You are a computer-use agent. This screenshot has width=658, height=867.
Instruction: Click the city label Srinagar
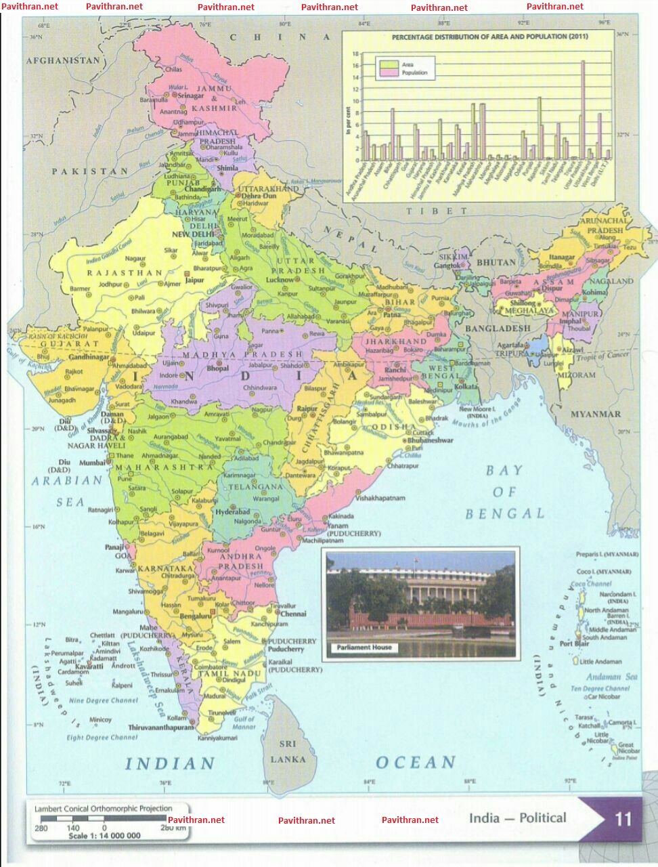coord(191,96)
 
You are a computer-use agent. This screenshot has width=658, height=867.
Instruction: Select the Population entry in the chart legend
coord(414,72)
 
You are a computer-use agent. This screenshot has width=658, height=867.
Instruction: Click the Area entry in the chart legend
coord(408,64)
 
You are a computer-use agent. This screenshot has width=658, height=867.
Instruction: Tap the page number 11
coord(623,820)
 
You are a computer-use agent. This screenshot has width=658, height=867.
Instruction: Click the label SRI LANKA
coord(288,751)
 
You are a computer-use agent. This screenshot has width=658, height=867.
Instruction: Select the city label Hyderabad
coord(234,511)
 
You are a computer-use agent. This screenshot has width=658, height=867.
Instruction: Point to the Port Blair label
coord(574,643)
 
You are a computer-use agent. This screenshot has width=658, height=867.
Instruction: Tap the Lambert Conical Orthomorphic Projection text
coord(104,808)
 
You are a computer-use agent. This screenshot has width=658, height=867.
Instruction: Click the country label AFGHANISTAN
coord(63,60)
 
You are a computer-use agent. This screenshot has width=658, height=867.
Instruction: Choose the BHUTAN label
coord(496,261)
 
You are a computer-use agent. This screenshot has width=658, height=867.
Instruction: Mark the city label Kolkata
coord(466,386)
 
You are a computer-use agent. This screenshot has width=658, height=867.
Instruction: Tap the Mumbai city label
coord(92,463)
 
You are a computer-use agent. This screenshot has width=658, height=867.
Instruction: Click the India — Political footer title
coord(518,818)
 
